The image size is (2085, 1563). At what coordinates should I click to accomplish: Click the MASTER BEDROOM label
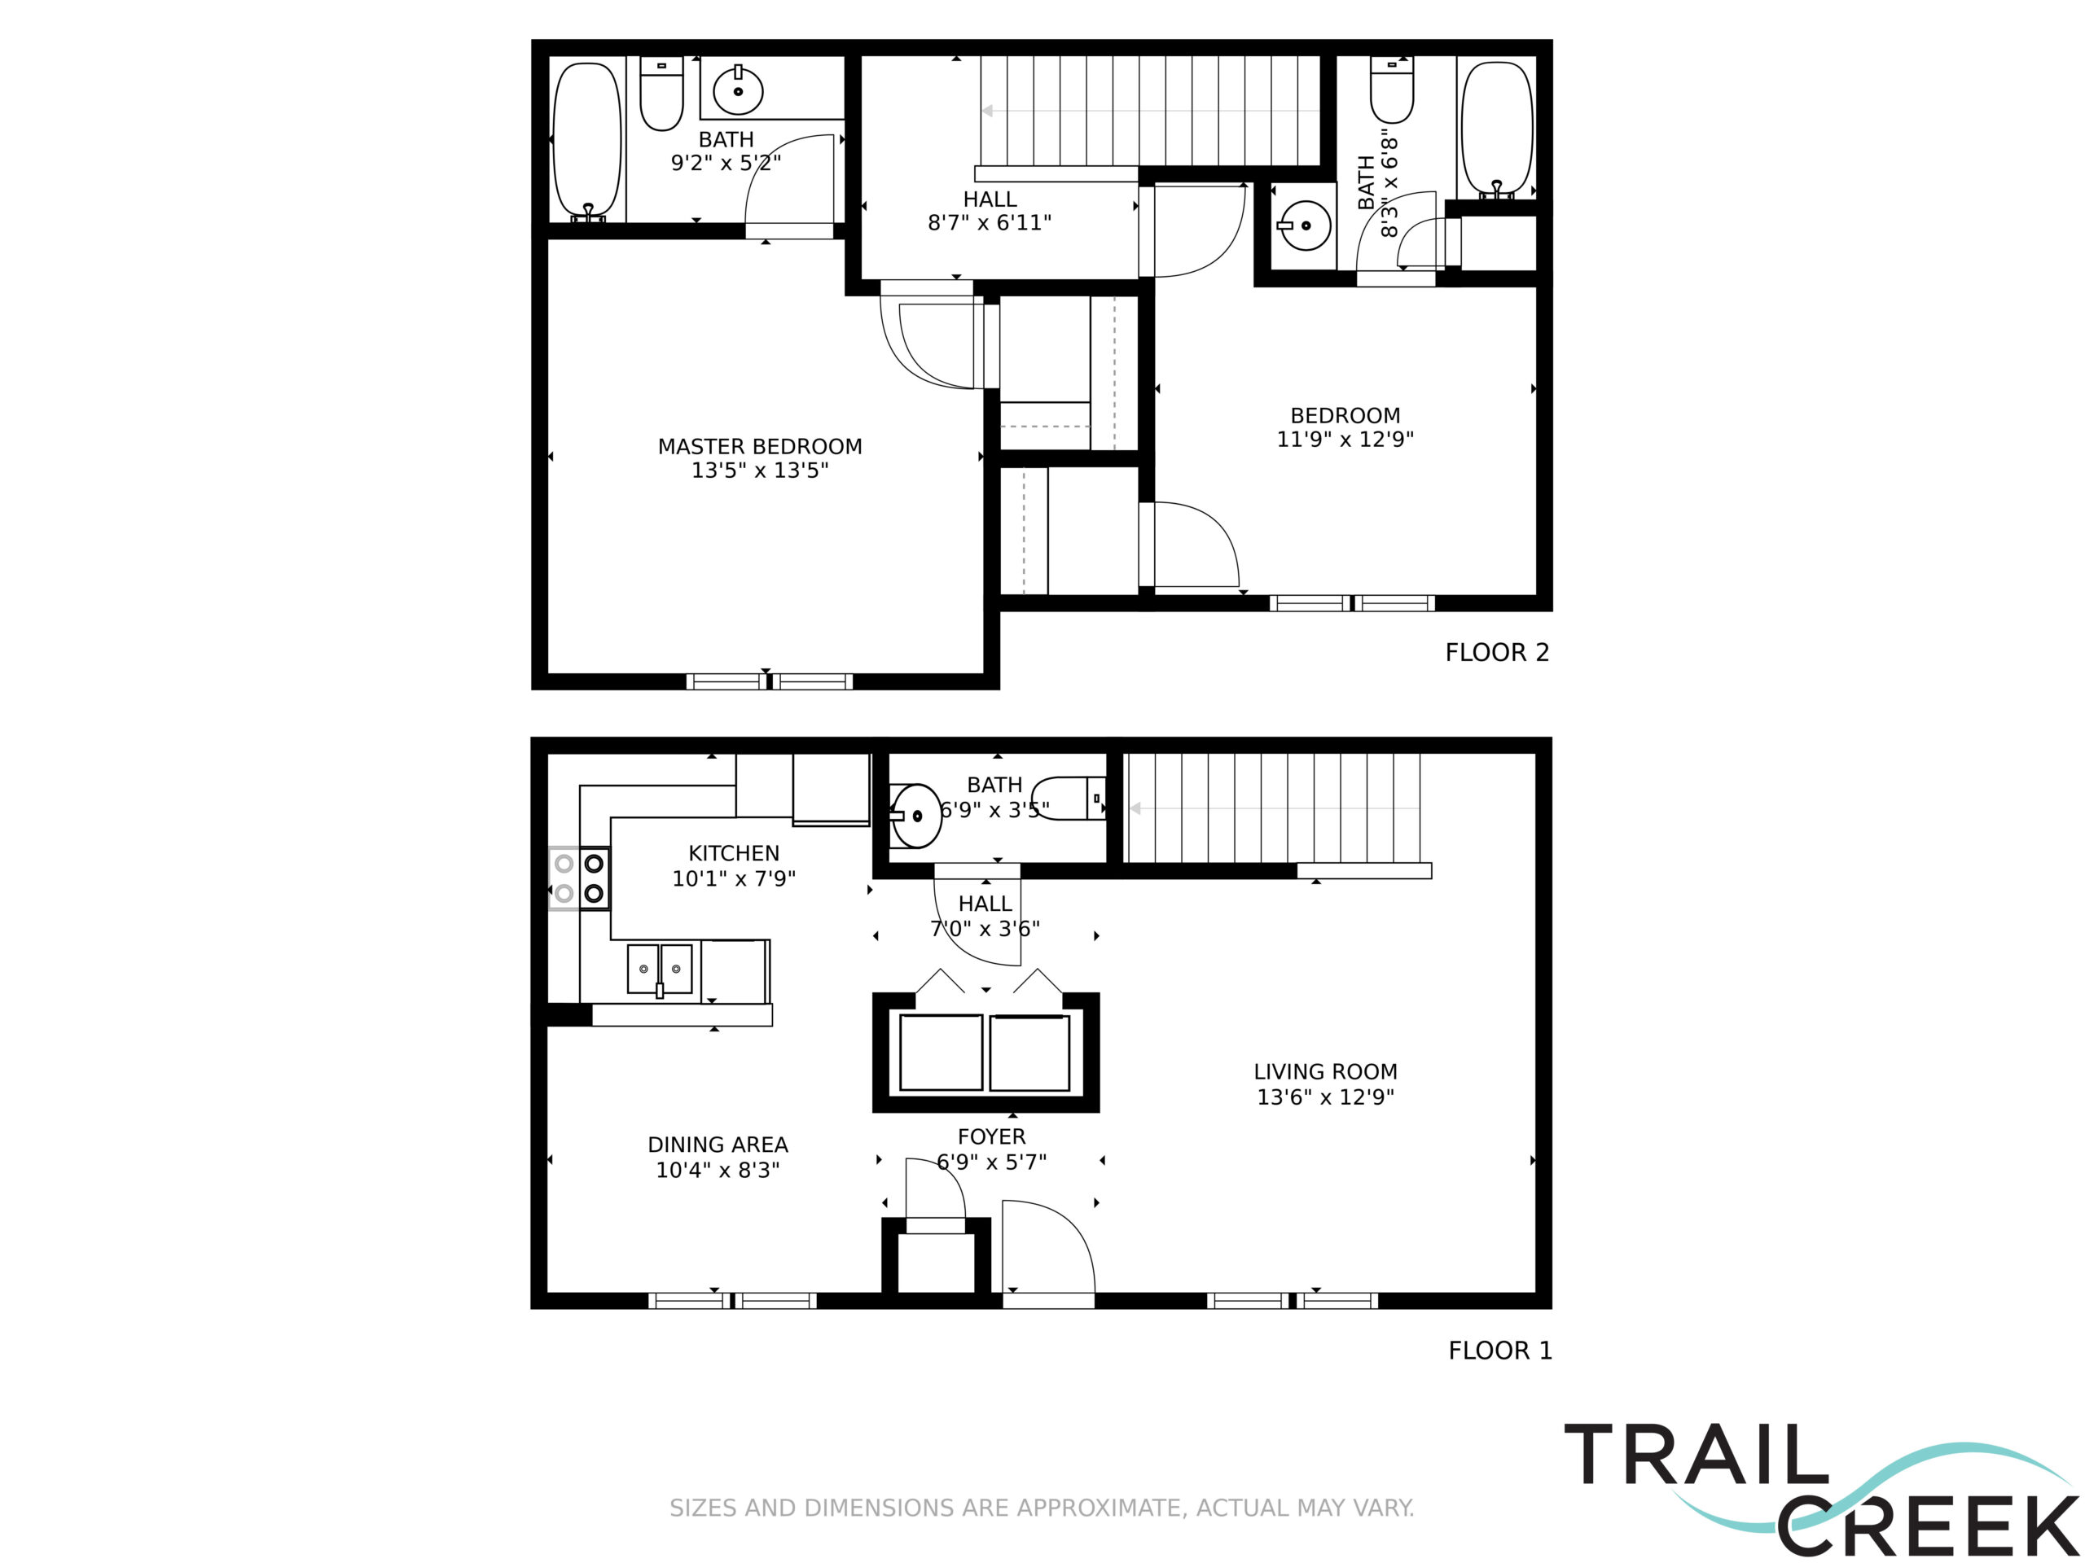(x=760, y=447)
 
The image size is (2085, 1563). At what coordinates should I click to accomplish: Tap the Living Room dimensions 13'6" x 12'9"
(x=1325, y=1097)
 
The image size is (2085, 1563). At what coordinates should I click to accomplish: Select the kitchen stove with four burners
(x=580, y=878)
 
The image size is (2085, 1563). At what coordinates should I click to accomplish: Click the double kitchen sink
(x=660, y=970)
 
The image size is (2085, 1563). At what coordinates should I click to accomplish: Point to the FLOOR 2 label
(x=1497, y=652)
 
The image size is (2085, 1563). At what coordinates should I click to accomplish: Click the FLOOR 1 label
(x=1499, y=1350)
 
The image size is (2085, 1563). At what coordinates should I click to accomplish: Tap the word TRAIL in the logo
(x=1696, y=1456)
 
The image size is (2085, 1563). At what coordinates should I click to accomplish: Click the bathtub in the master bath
(x=587, y=142)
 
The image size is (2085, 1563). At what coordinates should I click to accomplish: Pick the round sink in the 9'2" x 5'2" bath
(x=738, y=91)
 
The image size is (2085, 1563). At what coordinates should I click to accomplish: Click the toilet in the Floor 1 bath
(x=1069, y=798)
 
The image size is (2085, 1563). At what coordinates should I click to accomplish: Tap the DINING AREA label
(x=718, y=1145)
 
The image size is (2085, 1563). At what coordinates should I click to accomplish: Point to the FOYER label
(x=992, y=1137)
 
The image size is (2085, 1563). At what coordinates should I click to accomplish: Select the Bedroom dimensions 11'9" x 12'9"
(x=1345, y=439)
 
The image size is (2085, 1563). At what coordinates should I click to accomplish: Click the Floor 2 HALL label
(x=990, y=199)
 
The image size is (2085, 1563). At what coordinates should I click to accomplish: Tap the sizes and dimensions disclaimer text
(x=1042, y=1508)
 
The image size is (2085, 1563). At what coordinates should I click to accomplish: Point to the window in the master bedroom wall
(x=769, y=681)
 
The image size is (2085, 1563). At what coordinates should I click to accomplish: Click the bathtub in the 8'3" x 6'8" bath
(x=1496, y=130)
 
